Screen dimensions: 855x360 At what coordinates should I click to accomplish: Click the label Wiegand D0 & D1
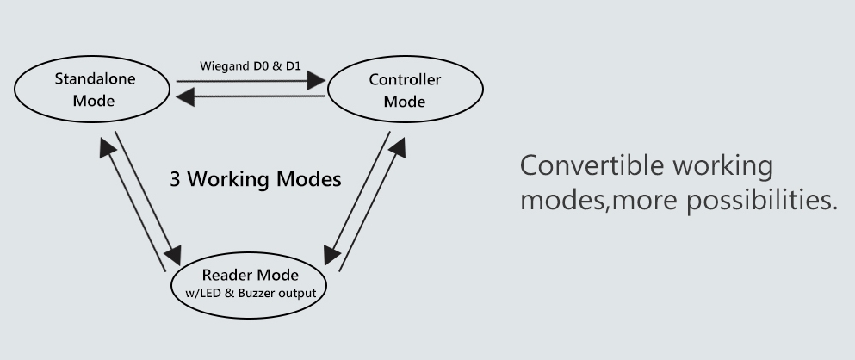251,66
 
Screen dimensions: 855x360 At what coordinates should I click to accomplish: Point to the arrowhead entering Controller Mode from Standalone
316,81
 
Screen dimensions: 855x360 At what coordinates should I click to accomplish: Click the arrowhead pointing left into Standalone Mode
185,97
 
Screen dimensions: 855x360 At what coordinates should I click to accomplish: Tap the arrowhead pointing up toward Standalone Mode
108,146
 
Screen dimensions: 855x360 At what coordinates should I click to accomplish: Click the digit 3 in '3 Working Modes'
175,179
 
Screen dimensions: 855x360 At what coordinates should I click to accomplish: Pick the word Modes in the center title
308,179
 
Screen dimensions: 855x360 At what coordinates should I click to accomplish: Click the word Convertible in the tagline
592,164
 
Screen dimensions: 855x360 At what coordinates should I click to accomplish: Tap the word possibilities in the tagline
762,200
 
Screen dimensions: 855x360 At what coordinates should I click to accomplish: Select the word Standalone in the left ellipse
95,78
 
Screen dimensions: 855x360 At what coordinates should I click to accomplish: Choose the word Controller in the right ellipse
406,79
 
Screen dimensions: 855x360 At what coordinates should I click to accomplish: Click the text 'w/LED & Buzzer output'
251,293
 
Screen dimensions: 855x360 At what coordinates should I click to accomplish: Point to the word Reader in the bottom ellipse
226,275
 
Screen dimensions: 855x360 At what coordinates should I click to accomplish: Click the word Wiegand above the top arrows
225,66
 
